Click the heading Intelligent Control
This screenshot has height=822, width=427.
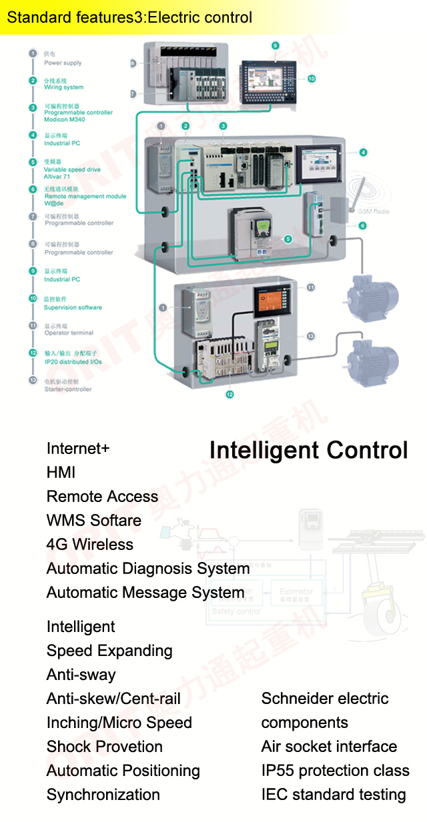(308, 451)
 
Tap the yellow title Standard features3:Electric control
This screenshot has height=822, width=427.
(129, 17)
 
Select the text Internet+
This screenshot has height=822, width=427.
(78, 449)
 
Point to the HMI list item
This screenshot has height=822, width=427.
(61, 473)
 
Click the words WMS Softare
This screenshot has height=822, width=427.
(94, 521)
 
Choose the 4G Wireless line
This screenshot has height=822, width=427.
(90, 545)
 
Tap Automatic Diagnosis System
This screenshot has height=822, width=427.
(148, 569)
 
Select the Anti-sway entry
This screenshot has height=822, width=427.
(81, 675)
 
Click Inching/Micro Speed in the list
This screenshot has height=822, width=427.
(119, 723)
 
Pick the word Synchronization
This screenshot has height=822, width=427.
(103, 795)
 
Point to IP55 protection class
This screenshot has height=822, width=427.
(336, 771)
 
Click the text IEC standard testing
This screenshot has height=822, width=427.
(334, 795)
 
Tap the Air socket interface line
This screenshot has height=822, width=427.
(329, 747)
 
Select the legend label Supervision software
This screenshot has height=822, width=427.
(73, 307)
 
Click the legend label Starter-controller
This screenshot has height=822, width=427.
(68, 389)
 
